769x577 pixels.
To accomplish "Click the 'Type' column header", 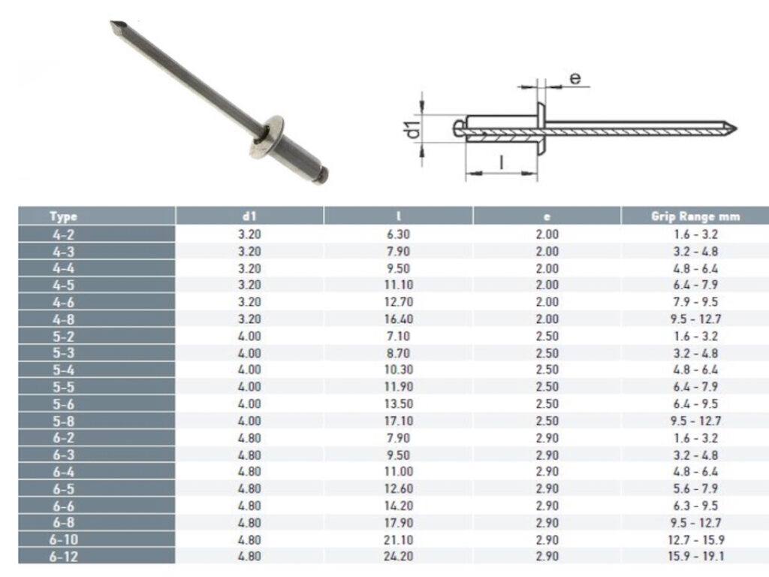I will (63, 216).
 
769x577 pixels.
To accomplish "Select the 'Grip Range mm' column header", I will (695, 216).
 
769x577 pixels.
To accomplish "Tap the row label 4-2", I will (63, 234).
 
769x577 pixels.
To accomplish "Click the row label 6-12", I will (63, 557).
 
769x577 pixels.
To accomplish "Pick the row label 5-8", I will (63, 421).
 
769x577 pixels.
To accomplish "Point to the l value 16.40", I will (398, 319).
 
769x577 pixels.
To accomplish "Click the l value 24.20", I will (398, 557).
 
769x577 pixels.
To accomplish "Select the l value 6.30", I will (398, 234).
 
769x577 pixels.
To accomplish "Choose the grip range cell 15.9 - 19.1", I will (695, 557).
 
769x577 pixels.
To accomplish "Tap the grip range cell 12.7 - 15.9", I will (695, 539).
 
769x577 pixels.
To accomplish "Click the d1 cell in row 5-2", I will (249, 336).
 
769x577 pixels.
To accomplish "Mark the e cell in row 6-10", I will (547, 539).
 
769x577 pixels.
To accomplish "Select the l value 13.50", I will (398, 403).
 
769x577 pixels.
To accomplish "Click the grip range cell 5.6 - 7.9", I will (695, 488).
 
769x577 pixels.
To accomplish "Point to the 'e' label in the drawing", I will (574, 77).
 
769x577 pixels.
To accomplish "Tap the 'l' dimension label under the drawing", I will (501, 161).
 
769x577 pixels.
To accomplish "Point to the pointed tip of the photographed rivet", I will (114, 26).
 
